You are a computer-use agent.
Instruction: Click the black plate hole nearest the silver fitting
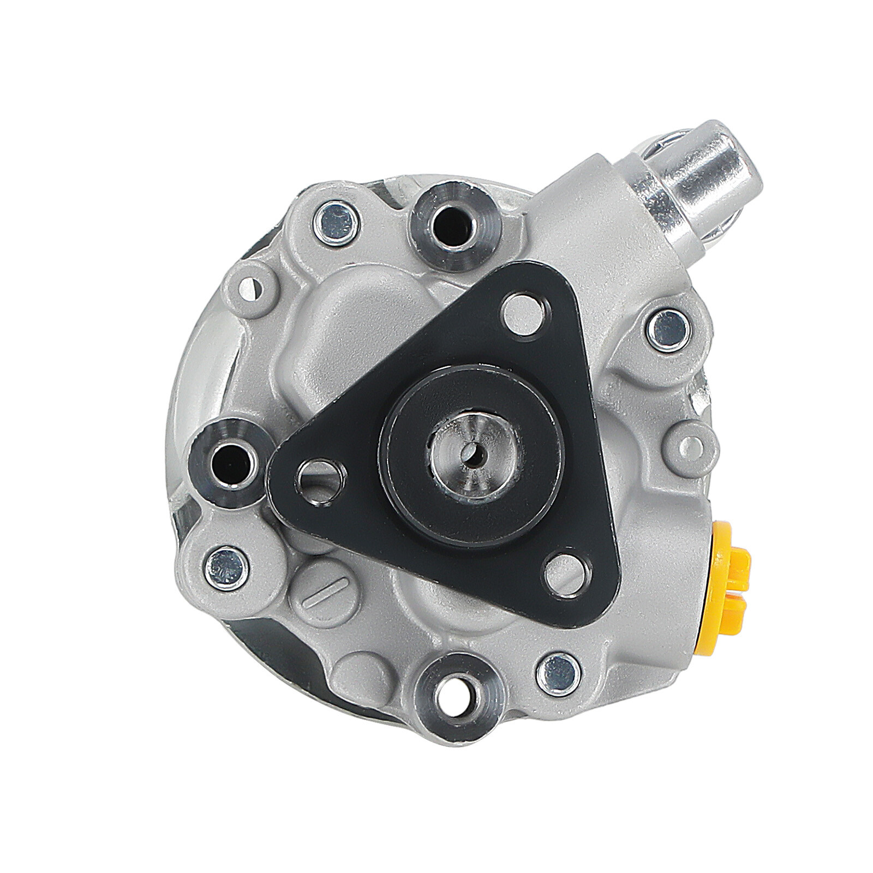(524, 314)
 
